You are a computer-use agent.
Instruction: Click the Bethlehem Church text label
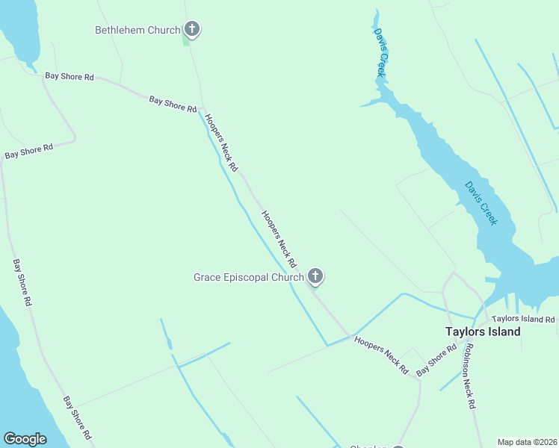pyautogui.click(x=138, y=31)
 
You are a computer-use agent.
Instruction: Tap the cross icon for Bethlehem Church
pyautogui.click(x=192, y=30)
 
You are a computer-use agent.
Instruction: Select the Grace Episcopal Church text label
pyautogui.click(x=248, y=278)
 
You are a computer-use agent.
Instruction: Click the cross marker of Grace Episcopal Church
pyautogui.click(x=315, y=277)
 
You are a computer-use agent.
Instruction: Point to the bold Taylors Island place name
pyautogui.click(x=483, y=332)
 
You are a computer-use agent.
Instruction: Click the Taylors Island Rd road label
pyautogui.click(x=523, y=320)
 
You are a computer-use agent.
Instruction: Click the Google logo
pyautogui.click(x=25, y=439)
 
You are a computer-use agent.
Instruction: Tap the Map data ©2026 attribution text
pyautogui.click(x=527, y=442)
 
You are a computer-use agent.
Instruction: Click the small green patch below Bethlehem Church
pyautogui.click(x=186, y=39)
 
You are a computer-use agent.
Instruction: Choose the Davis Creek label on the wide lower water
pyautogui.click(x=481, y=203)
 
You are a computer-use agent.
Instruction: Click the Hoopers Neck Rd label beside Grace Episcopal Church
pyautogui.click(x=279, y=240)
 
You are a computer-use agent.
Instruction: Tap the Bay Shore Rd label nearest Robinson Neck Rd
pyautogui.click(x=436, y=361)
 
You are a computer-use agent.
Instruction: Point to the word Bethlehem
pyautogui.click(x=121, y=31)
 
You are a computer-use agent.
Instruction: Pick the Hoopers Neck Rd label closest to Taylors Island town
pyautogui.click(x=381, y=354)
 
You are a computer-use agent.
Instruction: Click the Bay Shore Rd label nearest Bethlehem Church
pyautogui.click(x=172, y=104)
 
